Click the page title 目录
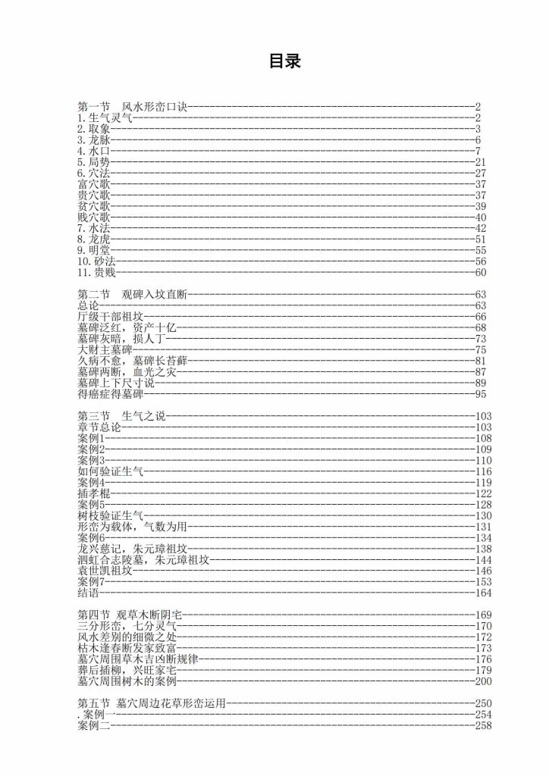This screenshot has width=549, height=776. pyautogui.click(x=284, y=61)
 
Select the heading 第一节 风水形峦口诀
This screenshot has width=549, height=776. pyautogui.click(x=132, y=106)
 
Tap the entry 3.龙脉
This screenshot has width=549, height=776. pyautogui.click(x=94, y=139)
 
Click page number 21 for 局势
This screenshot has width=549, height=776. pyautogui.click(x=479, y=162)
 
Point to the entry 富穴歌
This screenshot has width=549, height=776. pyautogui.click(x=94, y=184)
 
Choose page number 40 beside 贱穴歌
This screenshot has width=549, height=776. pyautogui.click(x=479, y=217)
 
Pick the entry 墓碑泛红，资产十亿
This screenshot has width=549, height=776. pyautogui.click(x=127, y=327)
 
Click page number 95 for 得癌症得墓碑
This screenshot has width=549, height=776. pyautogui.click(x=479, y=394)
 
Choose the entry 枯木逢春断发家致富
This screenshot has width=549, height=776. pyautogui.click(x=127, y=648)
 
